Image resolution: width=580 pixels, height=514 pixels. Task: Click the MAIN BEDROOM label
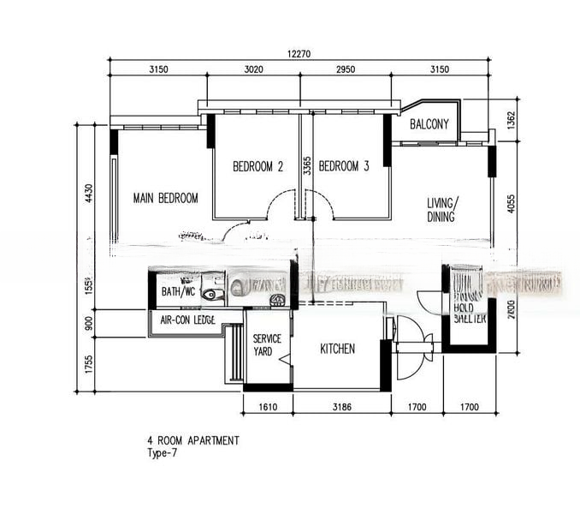click(x=165, y=198)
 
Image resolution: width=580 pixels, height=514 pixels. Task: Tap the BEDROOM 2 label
click(x=257, y=166)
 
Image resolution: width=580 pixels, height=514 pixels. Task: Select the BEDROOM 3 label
click(x=344, y=166)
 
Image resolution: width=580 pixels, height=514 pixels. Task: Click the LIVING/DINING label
click(x=443, y=210)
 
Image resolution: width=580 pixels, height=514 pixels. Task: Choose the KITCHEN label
click(x=337, y=349)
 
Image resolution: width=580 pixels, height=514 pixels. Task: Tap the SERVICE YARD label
click(x=267, y=345)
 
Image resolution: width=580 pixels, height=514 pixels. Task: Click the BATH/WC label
click(x=179, y=291)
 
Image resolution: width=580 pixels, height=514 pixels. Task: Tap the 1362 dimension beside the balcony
click(x=512, y=121)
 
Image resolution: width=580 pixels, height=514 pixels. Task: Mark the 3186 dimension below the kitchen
click(x=340, y=409)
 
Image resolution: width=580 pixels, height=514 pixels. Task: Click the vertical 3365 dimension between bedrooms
click(x=306, y=176)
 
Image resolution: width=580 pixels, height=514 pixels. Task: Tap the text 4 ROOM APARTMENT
click(x=193, y=441)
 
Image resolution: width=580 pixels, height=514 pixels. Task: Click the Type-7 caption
click(x=163, y=454)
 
